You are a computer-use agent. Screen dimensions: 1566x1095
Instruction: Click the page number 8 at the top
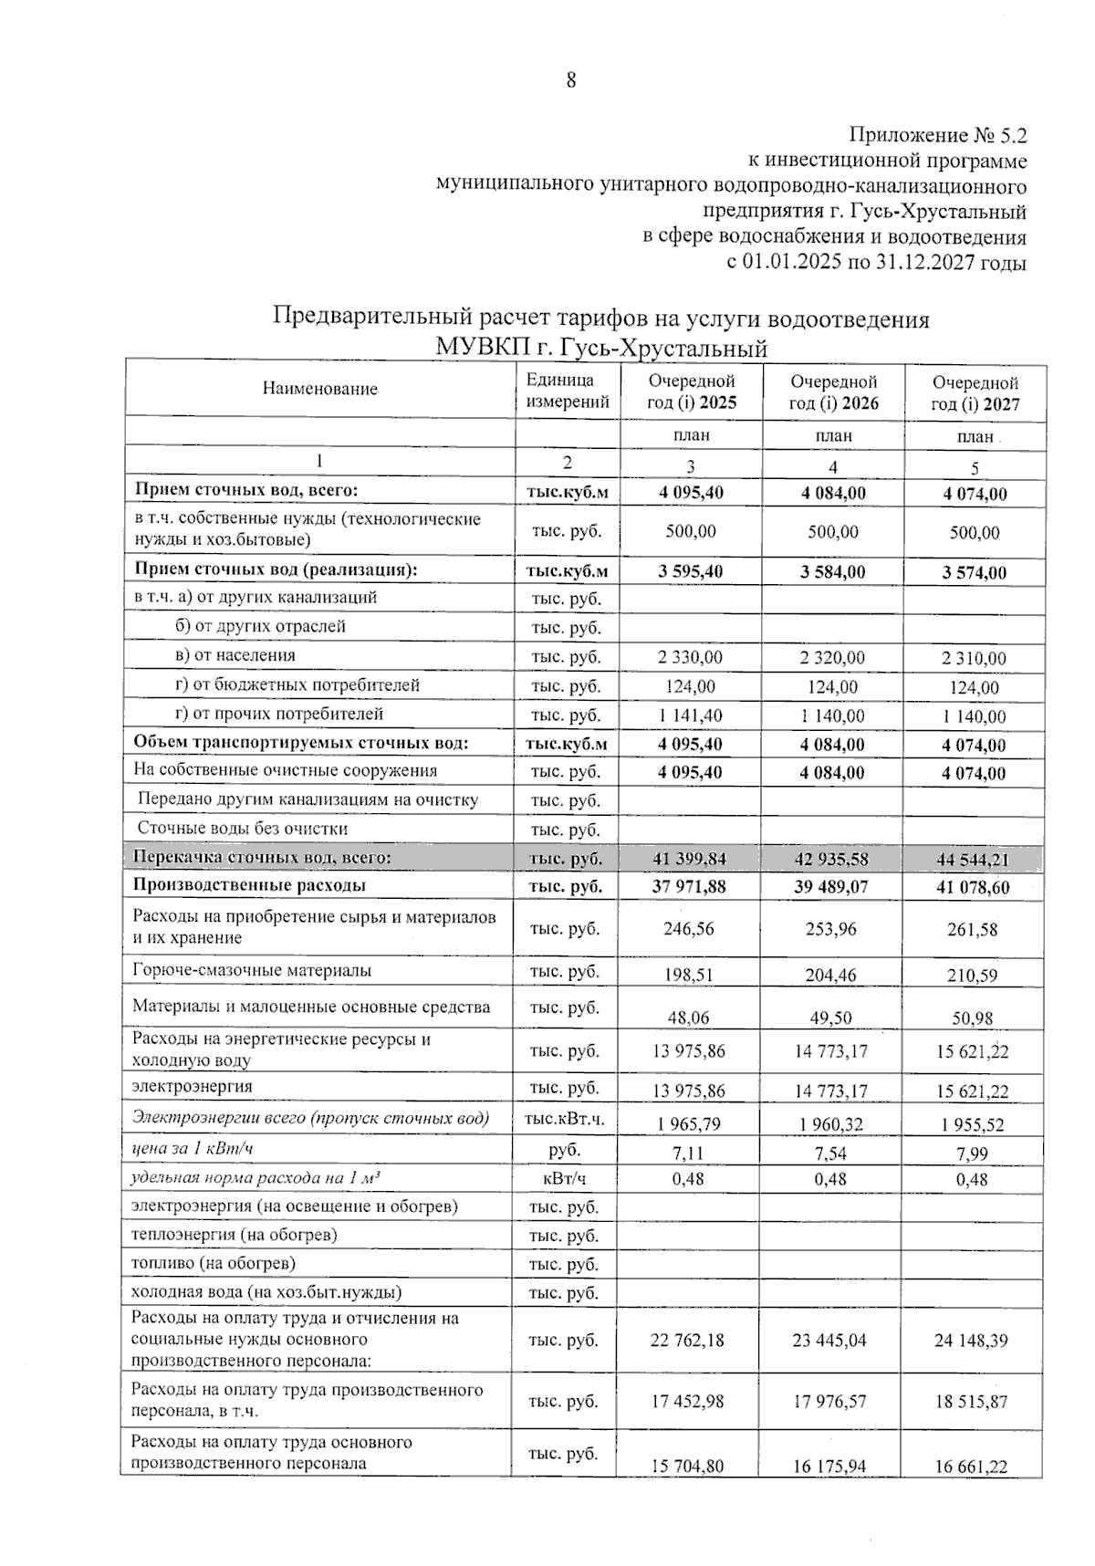pos(571,80)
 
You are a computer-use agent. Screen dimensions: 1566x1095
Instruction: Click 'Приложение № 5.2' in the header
pos(937,136)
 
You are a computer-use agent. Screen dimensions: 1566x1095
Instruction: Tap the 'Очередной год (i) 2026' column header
pos(833,392)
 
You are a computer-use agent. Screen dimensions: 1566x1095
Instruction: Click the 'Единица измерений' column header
pos(567,391)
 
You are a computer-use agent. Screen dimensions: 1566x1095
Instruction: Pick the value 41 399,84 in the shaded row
pos(690,859)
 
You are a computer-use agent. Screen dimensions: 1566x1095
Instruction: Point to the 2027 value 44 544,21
pos(974,860)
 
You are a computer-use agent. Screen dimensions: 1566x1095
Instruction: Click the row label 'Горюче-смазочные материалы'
pos(252,971)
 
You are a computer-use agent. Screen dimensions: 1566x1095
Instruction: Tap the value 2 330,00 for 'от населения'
pos(690,658)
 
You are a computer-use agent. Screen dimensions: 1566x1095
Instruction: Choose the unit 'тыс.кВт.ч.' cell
pos(565,1120)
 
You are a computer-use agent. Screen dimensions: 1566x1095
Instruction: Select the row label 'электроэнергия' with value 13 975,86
pos(192,1087)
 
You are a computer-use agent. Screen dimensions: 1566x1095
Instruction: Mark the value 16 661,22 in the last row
pos(971,1466)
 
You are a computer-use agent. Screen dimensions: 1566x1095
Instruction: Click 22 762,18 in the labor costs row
pos(688,1341)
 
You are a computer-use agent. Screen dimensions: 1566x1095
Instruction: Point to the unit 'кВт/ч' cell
pos(565,1178)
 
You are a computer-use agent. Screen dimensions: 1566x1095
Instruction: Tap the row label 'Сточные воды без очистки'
pos(242,829)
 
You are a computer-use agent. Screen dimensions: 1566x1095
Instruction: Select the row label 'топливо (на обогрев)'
pos(214,1264)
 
